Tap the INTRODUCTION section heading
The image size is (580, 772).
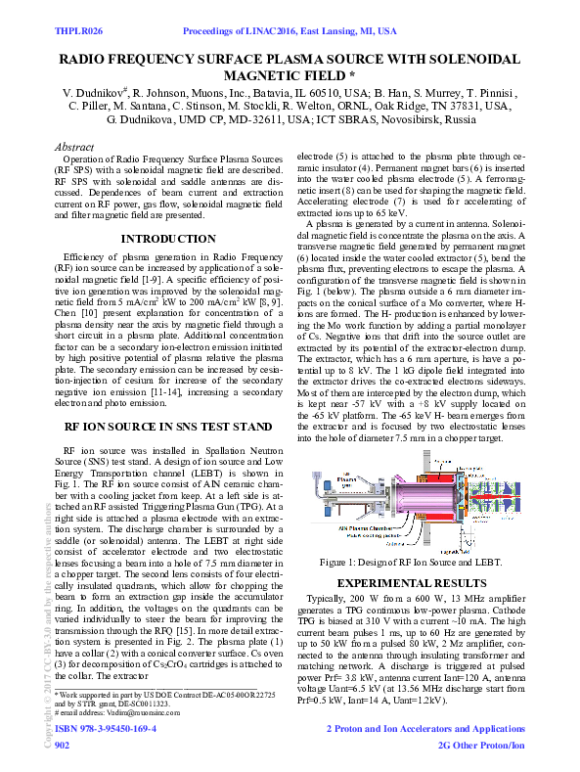pos(162,239)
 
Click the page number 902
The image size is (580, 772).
pos(62,746)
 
